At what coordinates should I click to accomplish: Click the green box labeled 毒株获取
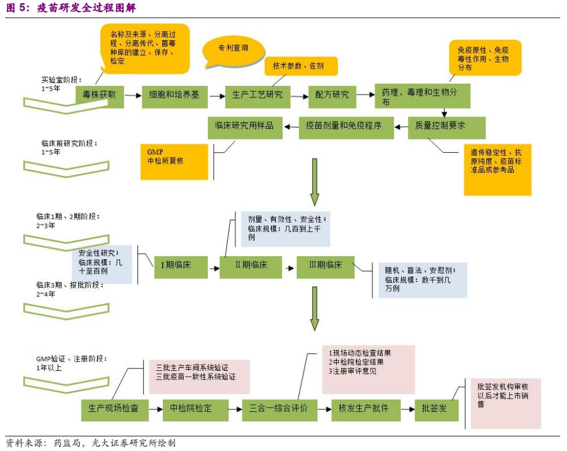[x=100, y=95]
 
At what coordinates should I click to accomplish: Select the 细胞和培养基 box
[x=174, y=95]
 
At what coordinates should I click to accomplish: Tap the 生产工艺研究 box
[x=258, y=95]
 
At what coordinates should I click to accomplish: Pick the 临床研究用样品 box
[x=245, y=126]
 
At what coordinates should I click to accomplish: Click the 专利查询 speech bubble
[x=233, y=49]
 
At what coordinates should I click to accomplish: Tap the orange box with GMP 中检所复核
[x=174, y=161]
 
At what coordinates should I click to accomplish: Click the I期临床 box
[x=176, y=266]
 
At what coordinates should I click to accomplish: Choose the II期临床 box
[x=251, y=266]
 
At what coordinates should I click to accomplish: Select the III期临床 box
[x=326, y=266]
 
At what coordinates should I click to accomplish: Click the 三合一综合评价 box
[x=279, y=409]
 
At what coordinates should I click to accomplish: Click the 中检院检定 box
[x=191, y=409]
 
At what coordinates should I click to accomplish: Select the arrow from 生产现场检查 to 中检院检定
[x=155, y=409]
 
